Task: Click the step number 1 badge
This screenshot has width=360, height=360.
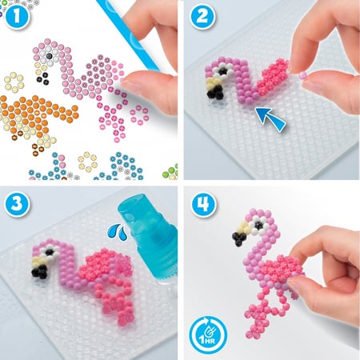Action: pos(17,16)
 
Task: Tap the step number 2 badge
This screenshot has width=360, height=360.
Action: pos(202,17)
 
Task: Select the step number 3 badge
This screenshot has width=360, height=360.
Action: pos(17,203)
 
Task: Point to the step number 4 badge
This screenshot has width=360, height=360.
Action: pos(203,204)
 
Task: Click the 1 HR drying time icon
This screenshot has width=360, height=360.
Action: pos(208,334)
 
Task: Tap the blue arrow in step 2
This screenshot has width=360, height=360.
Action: pos(270,118)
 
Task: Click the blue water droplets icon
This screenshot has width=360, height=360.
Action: pos(118,231)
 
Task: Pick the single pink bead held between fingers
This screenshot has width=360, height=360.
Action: pos(302,75)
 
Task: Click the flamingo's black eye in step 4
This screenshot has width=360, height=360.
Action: pos(258,225)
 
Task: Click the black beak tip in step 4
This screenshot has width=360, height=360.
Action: pos(239,238)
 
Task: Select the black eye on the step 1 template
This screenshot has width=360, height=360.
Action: pos(49,56)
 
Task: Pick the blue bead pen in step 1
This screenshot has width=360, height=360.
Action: pos(127,34)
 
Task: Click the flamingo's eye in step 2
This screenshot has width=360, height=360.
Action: pos(222,71)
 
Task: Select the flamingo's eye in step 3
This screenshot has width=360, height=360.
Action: pos(49,252)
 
